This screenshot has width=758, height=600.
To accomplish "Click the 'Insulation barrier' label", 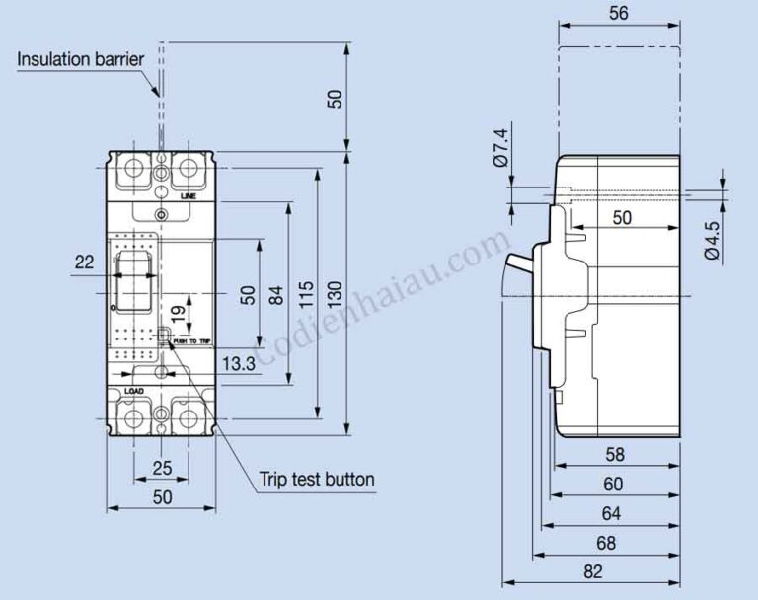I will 81,59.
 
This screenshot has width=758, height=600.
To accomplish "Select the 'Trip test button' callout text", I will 317,480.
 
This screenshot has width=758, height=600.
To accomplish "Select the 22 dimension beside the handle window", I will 84,262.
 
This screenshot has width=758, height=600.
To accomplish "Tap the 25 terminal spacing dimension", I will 161,466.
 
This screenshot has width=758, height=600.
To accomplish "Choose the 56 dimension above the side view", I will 619,13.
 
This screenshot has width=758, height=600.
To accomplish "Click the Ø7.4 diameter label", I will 499,146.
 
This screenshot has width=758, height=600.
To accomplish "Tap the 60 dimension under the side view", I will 613,485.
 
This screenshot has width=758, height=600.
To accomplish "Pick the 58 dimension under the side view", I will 614,455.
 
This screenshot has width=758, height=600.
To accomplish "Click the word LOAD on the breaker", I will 133,392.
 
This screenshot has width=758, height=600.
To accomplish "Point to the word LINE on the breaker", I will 189,196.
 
